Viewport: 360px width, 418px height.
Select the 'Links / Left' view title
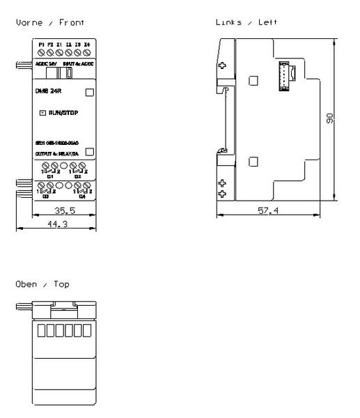click(246, 22)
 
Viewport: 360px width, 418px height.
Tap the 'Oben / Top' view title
click(42, 284)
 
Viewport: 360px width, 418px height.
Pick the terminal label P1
click(42, 44)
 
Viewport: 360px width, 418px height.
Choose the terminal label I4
click(87, 44)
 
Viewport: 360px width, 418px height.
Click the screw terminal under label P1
click(42, 52)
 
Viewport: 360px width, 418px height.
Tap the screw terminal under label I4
click(87, 52)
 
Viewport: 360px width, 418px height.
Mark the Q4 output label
click(81, 196)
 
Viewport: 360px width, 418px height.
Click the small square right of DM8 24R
click(89, 91)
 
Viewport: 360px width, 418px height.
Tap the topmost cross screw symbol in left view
click(222, 67)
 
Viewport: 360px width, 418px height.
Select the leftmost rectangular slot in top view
click(40, 330)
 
